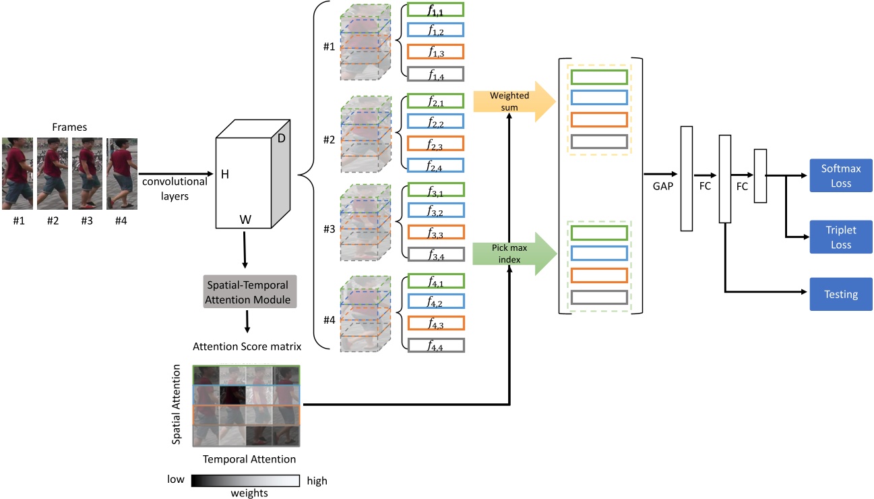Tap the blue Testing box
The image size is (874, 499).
(841, 294)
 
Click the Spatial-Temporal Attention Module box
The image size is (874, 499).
(249, 290)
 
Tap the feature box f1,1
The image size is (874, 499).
(436, 11)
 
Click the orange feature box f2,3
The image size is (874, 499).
(436, 144)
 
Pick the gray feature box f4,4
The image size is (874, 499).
(436, 345)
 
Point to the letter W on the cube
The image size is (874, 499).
(245, 220)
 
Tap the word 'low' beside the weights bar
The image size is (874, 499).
(177, 481)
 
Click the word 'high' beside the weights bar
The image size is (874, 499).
(317, 481)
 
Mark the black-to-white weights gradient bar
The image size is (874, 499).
(246, 481)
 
